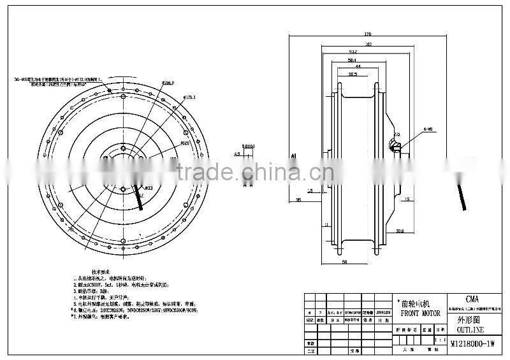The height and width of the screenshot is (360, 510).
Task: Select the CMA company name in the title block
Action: [473, 298]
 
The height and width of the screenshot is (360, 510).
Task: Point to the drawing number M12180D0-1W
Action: [473, 344]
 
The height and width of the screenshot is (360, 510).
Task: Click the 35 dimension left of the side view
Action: [298, 200]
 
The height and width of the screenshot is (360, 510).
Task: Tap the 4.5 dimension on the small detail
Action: [237, 154]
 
